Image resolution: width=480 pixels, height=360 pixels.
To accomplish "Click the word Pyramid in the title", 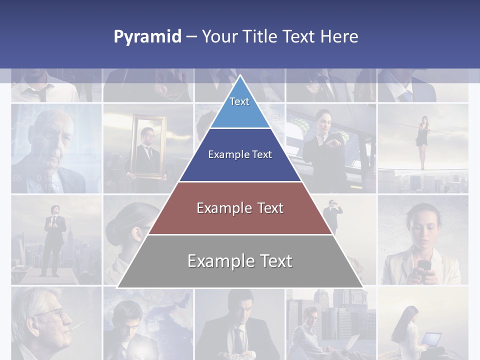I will (x=147, y=37).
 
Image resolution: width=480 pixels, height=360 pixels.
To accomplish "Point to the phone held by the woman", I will (x=423, y=265).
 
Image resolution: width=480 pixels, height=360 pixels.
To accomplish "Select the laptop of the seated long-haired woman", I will (x=431, y=339).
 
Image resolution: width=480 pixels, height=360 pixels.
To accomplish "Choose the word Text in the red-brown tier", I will (x=270, y=208).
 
